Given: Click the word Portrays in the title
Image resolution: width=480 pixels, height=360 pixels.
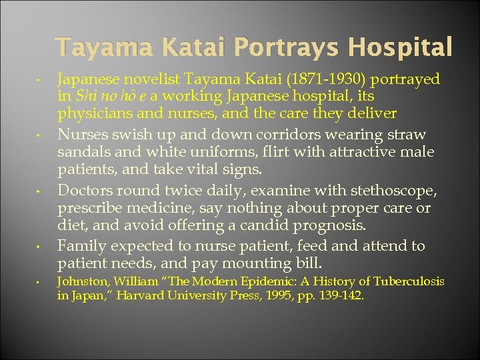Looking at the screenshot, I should (275, 47).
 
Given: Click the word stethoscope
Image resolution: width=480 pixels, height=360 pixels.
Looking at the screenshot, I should (397, 191).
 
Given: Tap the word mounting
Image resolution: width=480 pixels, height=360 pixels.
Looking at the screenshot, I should (279, 263).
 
